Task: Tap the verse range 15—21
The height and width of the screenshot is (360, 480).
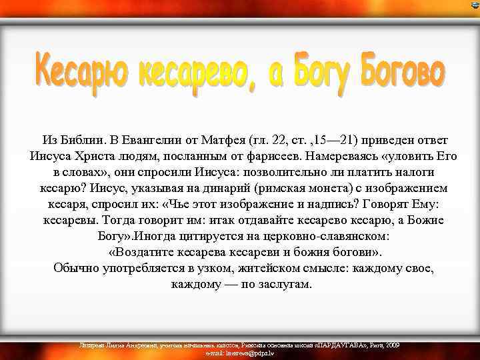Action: (x=337, y=141)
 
